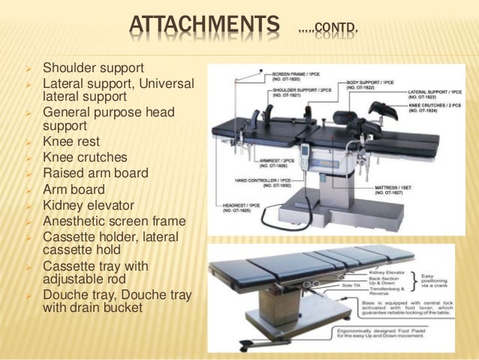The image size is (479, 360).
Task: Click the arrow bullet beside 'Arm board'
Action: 28,189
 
